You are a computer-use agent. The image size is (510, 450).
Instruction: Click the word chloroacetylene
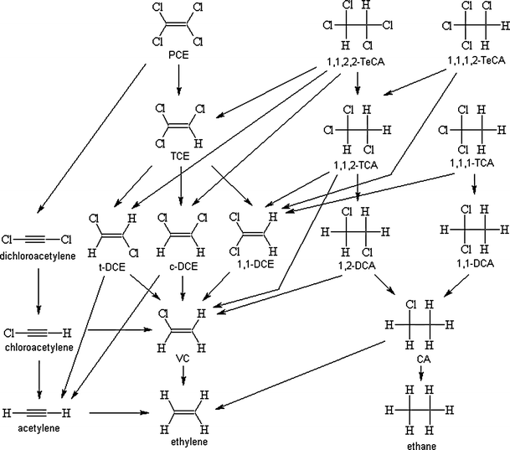pyautogui.click(x=38, y=346)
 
